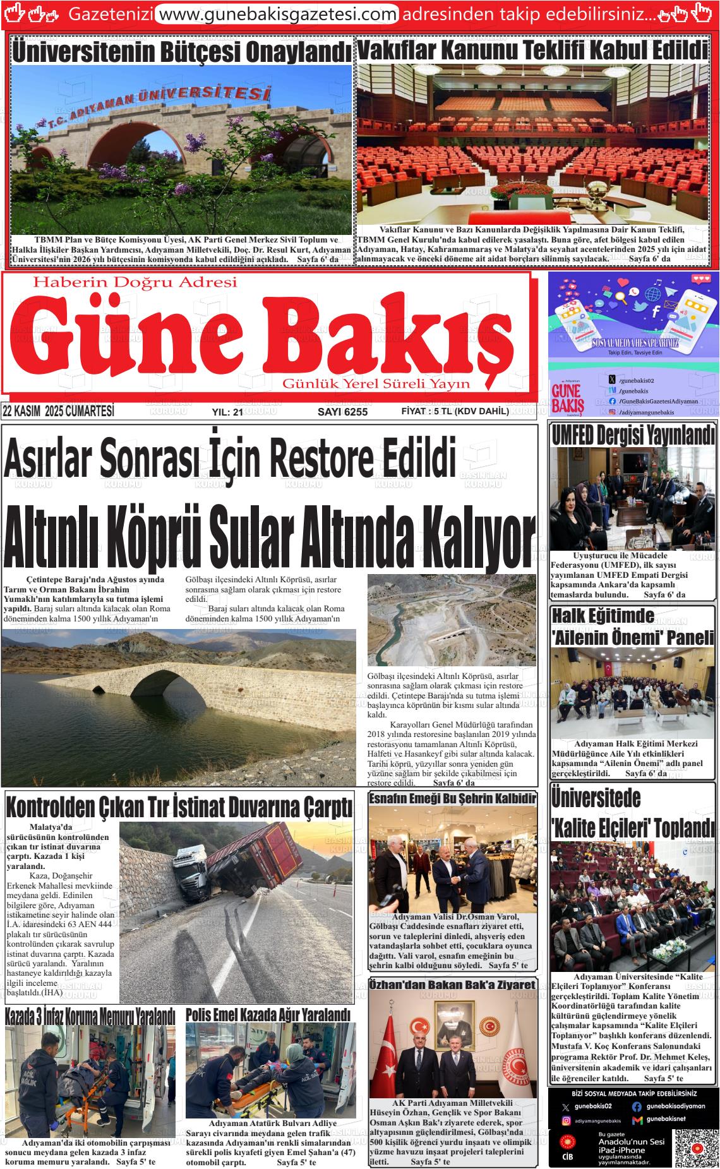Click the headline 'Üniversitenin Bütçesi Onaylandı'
pyautogui.click(x=182, y=52)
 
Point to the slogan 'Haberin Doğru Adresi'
pyautogui.click(x=135, y=282)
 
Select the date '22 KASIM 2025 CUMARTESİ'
pyautogui.click(x=58, y=411)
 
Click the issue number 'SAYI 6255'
pyautogui.click(x=342, y=412)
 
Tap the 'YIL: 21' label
pyautogui.click(x=227, y=412)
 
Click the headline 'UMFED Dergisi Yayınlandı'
pyautogui.click(x=633, y=435)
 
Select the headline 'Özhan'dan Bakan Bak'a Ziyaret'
pyautogui.click(x=452, y=985)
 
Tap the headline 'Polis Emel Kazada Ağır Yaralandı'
pyautogui.click(x=268, y=1015)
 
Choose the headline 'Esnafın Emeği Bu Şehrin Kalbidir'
pyautogui.click(x=452, y=798)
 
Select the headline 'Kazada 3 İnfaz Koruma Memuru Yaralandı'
pyautogui.click(x=90, y=1017)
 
